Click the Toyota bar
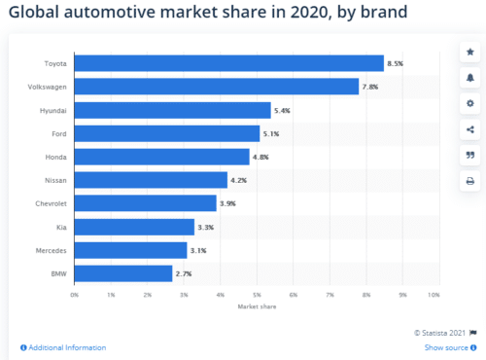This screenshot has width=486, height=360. pyautogui.click(x=228, y=63)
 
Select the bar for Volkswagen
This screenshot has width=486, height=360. pyautogui.click(x=217, y=87)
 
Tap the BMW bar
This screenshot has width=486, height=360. pyautogui.click(x=123, y=273)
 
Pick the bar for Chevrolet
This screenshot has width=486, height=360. pyautogui.click(x=146, y=203)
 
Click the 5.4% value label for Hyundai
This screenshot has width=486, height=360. pyautogui.click(x=284, y=110)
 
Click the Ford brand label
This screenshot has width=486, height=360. pyautogui.click(x=58, y=133)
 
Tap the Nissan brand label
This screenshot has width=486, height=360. pyautogui.click(x=55, y=180)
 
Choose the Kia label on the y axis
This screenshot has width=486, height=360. pyautogui.click(x=61, y=227)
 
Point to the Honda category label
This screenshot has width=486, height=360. pyautogui.click(x=55, y=157)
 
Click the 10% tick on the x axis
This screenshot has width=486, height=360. pyautogui.click(x=434, y=294)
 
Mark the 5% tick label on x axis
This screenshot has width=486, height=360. pyautogui.click(x=258, y=294)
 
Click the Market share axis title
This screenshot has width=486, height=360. pyautogui.click(x=255, y=306)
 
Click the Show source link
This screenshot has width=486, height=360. pyautogui.click(x=447, y=347)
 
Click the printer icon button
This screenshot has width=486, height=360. pyautogui.click(x=470, y=181)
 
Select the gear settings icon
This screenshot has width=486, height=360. pyautogui.click(x=470, y=102)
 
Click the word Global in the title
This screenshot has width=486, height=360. pyautogui.click(x=35, y=14)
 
